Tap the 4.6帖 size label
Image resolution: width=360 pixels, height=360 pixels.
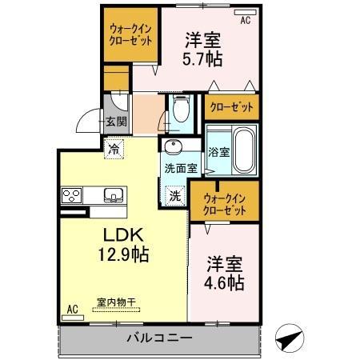[226, 283]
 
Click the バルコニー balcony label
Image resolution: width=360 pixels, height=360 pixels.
[160, 338]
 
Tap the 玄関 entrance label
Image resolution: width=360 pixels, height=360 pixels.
[116, 122]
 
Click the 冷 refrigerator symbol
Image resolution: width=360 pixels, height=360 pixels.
[115, 148]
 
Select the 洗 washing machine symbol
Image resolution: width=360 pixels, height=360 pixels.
[174, 194]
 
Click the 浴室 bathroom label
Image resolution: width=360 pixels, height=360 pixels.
[218, 150]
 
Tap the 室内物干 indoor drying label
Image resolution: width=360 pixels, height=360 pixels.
[117, 302]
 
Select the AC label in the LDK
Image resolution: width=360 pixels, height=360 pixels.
[72, 309]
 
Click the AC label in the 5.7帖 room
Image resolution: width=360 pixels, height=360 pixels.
[245, 21]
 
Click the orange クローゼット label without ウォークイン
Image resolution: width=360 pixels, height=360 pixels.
[231, 106]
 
